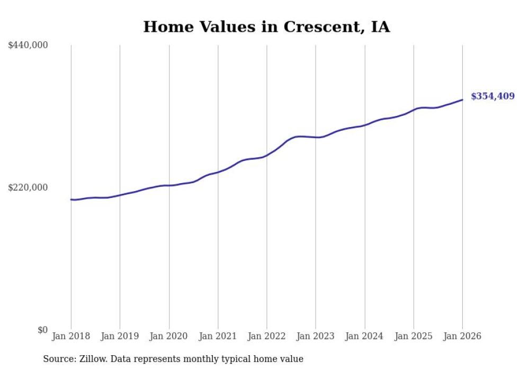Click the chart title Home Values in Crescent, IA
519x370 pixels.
coord(266,27)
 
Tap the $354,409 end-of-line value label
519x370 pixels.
coord(493,96)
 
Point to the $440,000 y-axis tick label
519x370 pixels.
coord(28,46)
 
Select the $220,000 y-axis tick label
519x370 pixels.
coord(28,188)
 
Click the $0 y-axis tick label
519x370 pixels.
coord(42,330)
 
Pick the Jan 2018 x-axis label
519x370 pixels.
coord(71,336)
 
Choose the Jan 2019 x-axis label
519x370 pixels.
coord(120,336)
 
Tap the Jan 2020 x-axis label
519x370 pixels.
coord(169,336)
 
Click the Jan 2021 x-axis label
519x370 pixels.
coord(218,336)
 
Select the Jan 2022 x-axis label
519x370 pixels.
coord(266,336)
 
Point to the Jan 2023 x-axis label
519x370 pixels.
coord(316,336)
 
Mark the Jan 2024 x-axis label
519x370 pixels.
coord(364,336)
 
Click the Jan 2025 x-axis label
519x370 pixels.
coord(413,336)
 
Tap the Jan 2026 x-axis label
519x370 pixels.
coord(462,336)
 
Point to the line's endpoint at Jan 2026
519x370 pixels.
coord(462,100)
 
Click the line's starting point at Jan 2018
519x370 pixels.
coord(71,200)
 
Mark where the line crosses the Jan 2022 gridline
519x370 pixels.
coord(266,156)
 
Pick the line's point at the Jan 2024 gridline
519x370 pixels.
coord(364,125)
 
